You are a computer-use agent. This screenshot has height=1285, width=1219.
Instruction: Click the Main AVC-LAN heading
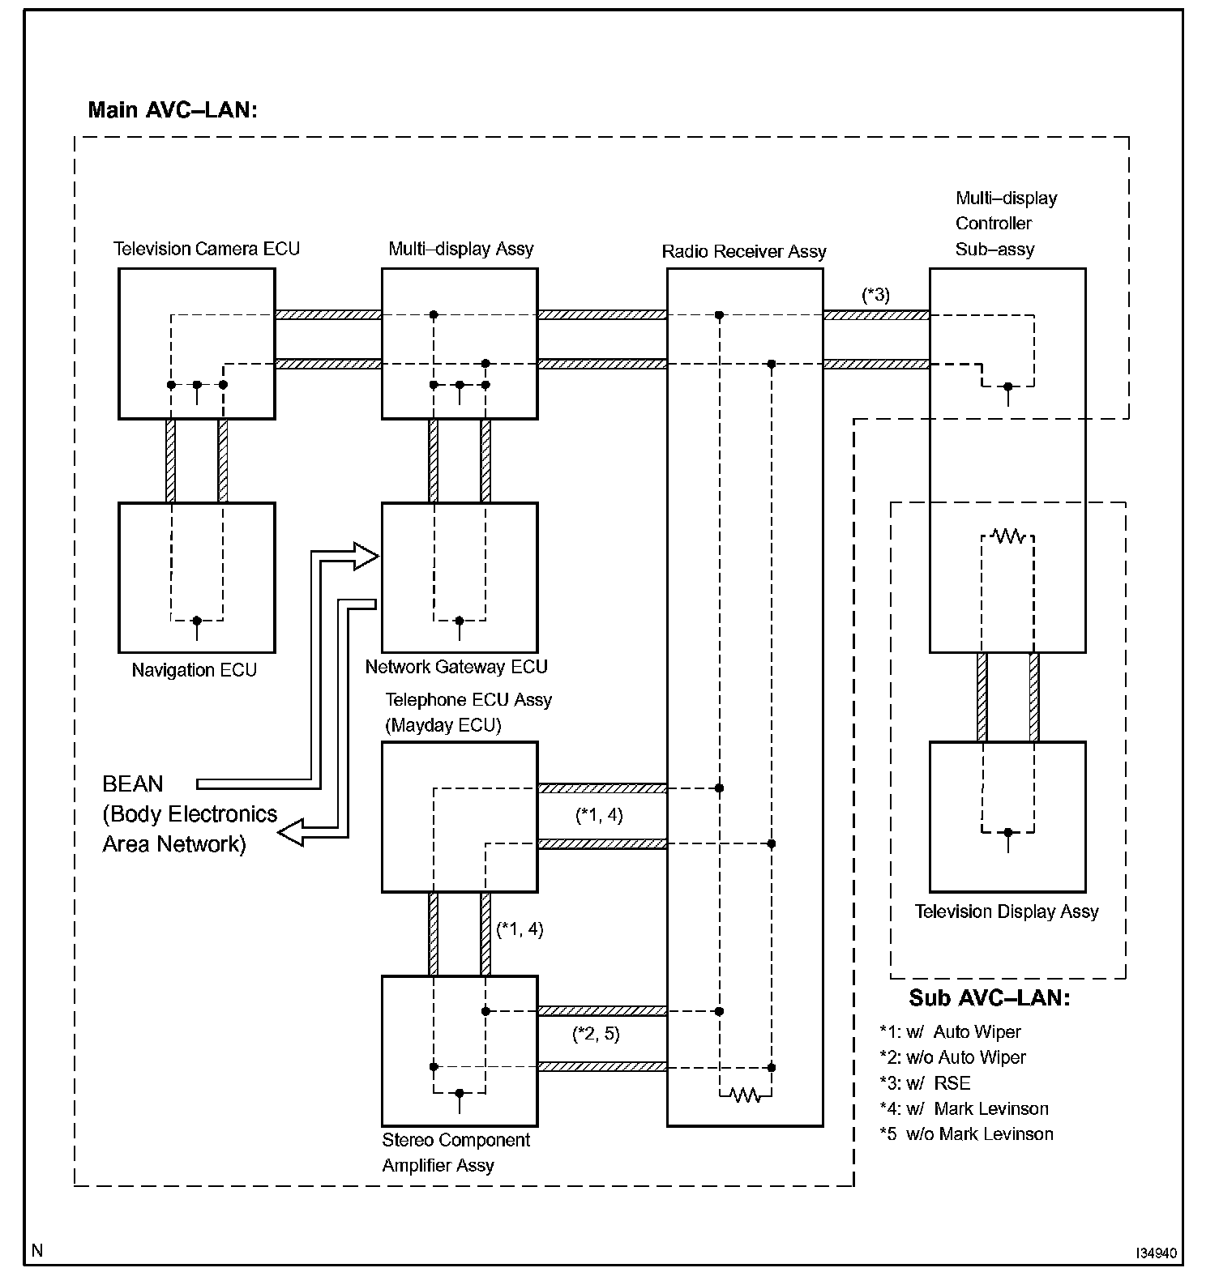(x=172, y=109)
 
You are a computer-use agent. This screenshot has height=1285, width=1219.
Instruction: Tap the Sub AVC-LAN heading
(x=989, y=997)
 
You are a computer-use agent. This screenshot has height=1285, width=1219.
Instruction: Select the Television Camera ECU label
(x=206, y=249)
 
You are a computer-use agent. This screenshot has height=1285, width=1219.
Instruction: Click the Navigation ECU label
(x=194, y=670)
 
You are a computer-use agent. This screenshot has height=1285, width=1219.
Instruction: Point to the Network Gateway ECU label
(x=456, y=667)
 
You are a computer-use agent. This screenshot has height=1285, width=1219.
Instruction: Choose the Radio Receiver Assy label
(x=743, y=251)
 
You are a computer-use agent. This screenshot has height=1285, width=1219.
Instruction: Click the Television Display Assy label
(x=1006, y=911)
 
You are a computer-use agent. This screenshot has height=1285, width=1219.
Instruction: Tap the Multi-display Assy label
(x=460, y=249)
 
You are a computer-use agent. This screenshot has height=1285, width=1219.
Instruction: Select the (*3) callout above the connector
(x=875, y=295)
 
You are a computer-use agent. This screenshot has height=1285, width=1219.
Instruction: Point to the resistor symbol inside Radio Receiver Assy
(x=745, y=1095)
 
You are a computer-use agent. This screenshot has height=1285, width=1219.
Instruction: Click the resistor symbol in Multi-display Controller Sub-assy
(x=1008, y=536)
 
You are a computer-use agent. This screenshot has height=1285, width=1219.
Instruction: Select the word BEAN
(x=133, y=783)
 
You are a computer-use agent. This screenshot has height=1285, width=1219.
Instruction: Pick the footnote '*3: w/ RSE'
(x=925, y=1083)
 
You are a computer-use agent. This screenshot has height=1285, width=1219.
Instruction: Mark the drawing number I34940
(x=1155, y=1253)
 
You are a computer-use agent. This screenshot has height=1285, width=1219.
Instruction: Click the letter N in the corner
(x=36, y=1250)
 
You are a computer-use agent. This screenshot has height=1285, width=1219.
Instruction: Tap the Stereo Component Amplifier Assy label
(x=456, y=1152)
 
